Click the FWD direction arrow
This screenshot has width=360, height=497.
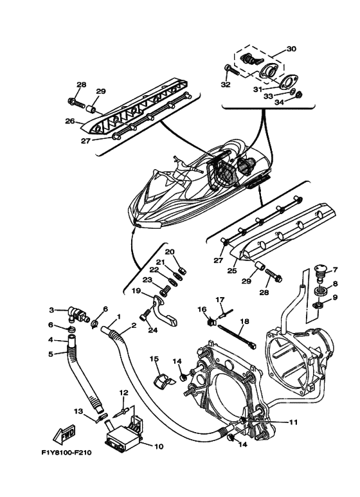click(64, 434)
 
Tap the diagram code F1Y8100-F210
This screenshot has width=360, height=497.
click(67, 453)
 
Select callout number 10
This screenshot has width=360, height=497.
click(159, 447)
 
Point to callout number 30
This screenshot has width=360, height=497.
click(291, 49)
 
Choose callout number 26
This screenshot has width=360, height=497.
click(69, 121)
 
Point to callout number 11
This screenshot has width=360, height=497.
click(293, 422)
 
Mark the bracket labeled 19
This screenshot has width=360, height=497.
click(165, 310)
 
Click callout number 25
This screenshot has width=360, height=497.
click(232, 271)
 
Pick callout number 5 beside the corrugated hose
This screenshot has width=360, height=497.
click(51, 354)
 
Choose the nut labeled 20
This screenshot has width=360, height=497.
click(183, 271)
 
